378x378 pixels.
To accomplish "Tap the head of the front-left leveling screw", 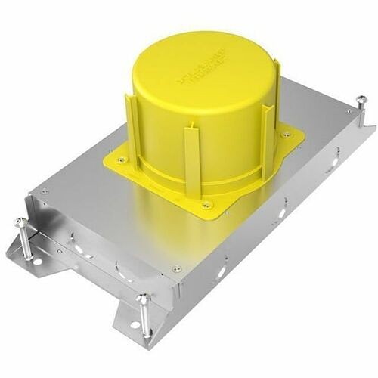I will [20, 222].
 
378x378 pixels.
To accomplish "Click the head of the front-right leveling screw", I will [142, 299].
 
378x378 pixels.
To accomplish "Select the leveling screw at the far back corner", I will [361, 99].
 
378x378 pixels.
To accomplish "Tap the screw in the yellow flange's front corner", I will [206, 204].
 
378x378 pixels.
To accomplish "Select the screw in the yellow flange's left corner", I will [122, 160].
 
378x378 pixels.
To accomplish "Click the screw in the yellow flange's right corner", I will [286, 135].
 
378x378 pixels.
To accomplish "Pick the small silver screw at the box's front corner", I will [176, 268].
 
